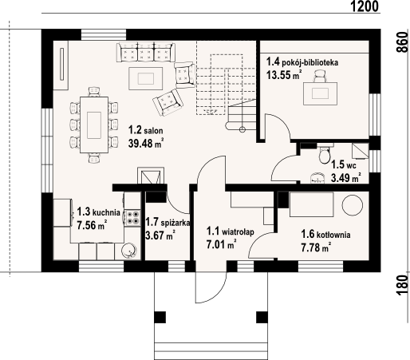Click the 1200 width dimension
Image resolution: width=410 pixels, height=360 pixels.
[x=365, y=6]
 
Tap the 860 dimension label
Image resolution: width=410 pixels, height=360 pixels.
[x=402, y=42]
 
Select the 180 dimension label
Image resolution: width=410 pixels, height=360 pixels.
[x=402, y=285]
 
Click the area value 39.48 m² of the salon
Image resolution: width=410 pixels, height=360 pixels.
[x=146, y=144]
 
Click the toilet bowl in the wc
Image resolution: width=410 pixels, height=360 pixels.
[x=324, y=155]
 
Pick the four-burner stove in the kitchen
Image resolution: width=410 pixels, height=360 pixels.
[x=132, y=218]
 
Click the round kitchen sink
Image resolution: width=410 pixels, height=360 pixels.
[x=129, y=251]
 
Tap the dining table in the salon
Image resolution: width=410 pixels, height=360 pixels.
[x=94, y=125]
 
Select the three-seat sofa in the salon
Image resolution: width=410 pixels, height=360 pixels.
[x=146, y=53]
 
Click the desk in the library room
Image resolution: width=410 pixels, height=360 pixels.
[x=321, y=93]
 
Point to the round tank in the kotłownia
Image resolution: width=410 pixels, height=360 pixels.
[x=353, y=205]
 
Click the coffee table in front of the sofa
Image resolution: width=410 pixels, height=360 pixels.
[x=146, y=78]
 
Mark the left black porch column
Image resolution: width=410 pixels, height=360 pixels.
[x=160, y=317]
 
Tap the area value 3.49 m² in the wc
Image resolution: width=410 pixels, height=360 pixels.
[x=346, y=178]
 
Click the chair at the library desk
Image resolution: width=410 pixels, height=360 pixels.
[x=320, y=76]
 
